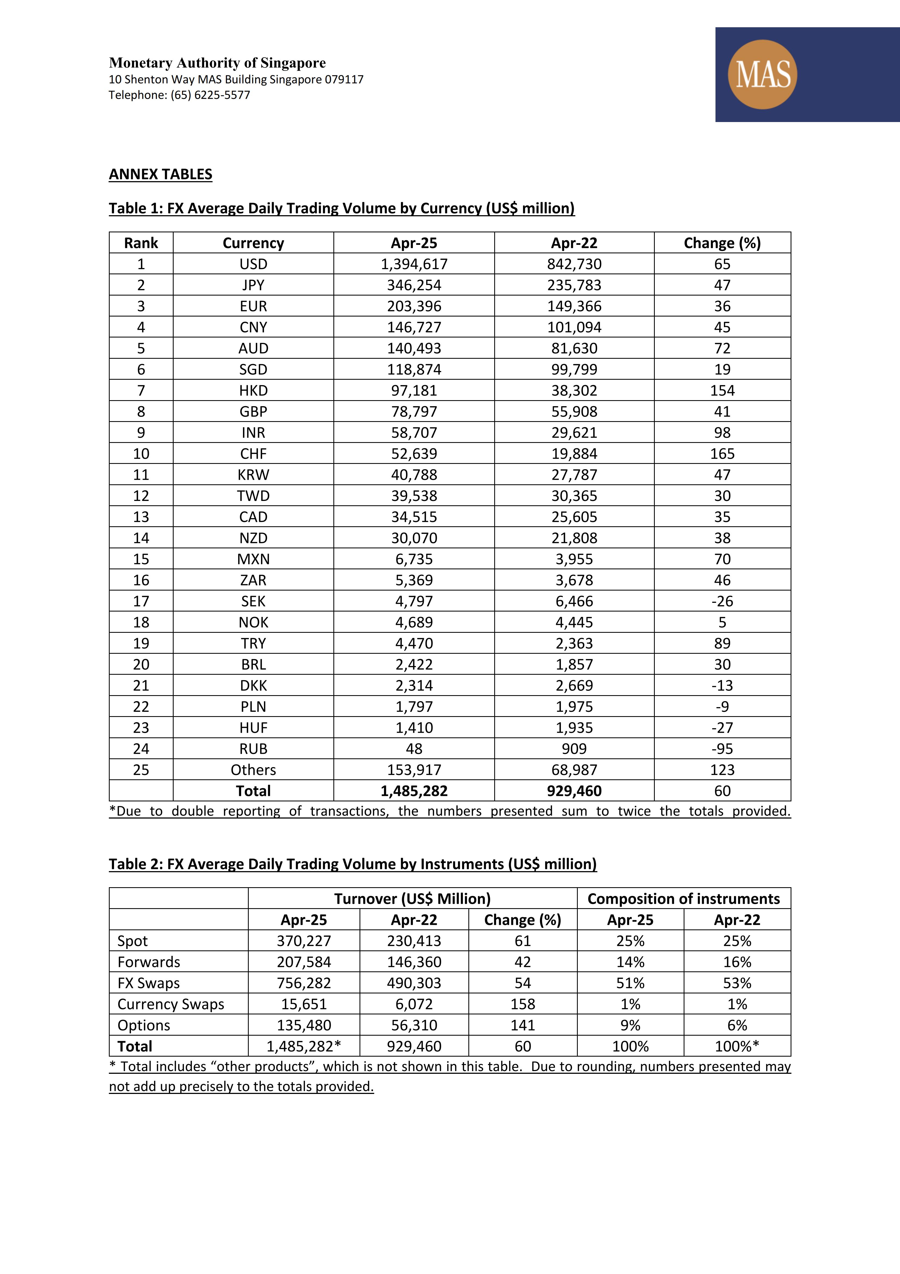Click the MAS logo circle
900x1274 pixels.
[763, 74]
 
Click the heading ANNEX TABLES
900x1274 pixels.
[160, 174]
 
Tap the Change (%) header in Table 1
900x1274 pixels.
[722, 243]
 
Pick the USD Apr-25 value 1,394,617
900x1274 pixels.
[414, 264]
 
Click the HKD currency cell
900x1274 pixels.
[253, 391]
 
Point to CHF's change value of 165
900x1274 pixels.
[722, 454]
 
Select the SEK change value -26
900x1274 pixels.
[722, 601]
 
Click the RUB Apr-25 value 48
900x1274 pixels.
[414, 749]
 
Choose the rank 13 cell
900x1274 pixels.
[141, 517]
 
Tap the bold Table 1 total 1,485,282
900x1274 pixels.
[414, 791]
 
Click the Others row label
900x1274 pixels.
[253, 770]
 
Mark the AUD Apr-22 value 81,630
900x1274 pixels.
[574, 348]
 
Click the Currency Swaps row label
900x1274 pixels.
[171, 1004]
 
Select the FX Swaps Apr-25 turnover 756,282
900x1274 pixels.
[304, 983]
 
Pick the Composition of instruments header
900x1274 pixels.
[684, 899]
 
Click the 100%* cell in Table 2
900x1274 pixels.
[737, 1047]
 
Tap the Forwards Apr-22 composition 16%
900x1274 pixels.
[737, 962]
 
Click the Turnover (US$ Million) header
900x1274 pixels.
[412, 899]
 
